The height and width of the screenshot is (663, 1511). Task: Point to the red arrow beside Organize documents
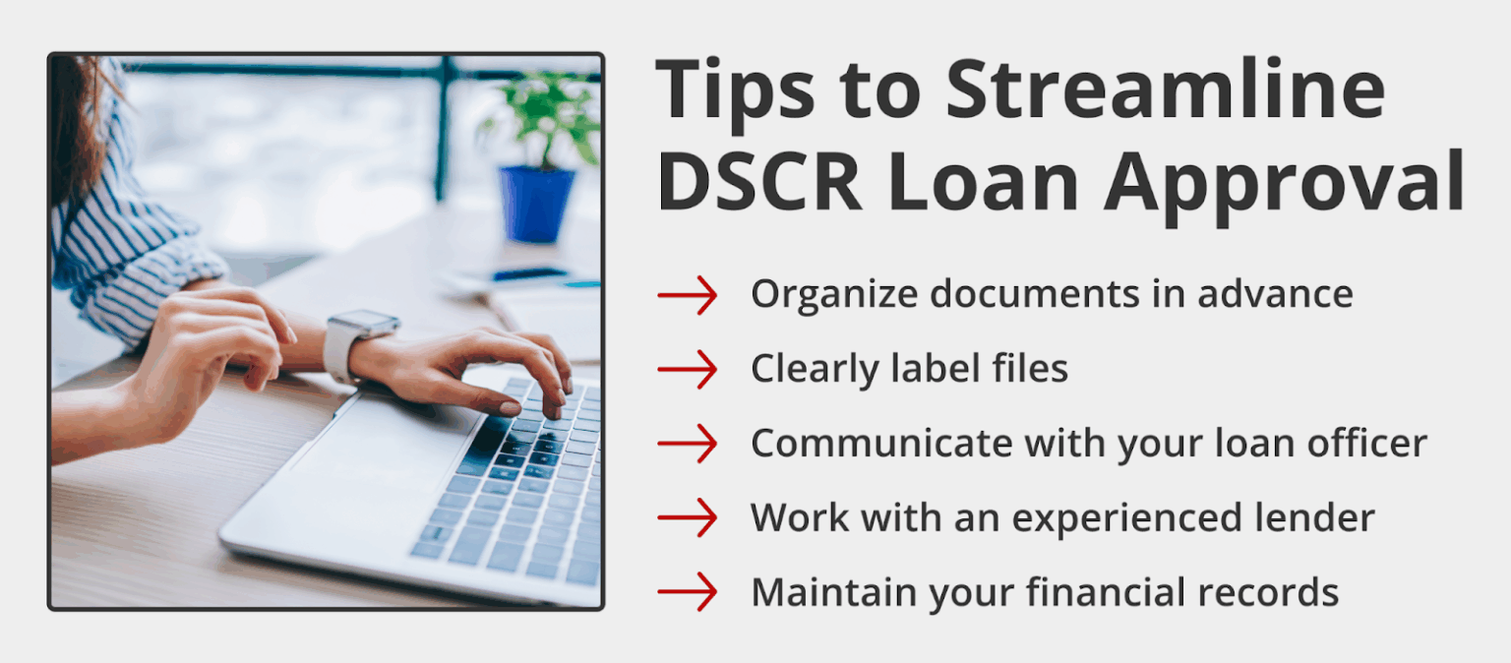[688, 294]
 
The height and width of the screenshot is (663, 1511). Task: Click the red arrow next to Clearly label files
[688, 369]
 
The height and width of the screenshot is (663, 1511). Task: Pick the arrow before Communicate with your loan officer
[688, 444]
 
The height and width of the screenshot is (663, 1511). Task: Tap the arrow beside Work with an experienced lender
[688, 517]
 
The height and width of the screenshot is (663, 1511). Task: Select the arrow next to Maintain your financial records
[688, 592]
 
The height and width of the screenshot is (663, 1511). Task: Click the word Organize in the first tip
[820, 295]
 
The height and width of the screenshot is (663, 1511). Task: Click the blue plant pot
[536, 204]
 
